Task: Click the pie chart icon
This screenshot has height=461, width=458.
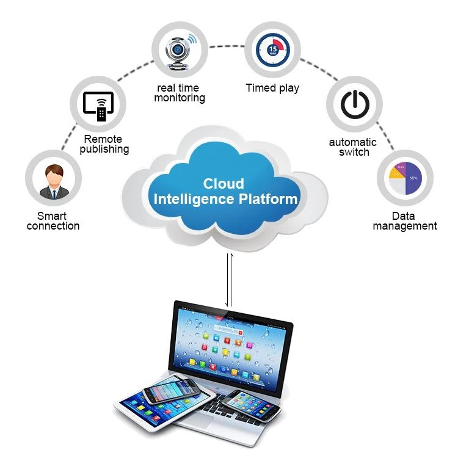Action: point(405,176)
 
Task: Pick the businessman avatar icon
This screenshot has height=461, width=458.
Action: point(53,180)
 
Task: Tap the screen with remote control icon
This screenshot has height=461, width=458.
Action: point(98,104)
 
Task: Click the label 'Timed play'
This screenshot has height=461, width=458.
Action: point(272,88)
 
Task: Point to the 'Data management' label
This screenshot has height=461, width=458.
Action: point(405,221)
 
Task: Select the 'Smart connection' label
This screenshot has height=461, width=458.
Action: point(53,221)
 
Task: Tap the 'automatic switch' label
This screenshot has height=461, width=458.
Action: point(354,147)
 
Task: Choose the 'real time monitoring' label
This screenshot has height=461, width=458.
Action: point(179,93)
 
